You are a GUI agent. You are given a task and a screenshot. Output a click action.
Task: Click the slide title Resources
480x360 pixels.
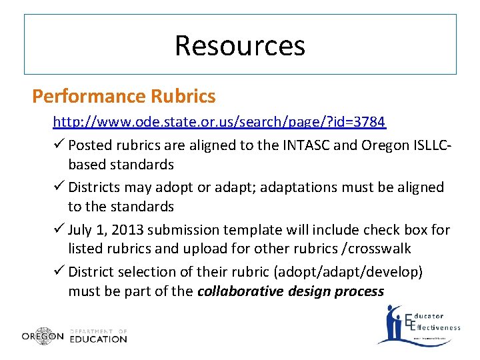(240, 45)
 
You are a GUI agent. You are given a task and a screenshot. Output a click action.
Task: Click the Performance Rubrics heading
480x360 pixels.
(124, 97)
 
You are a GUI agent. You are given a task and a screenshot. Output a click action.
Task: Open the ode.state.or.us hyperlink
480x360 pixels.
(219, 122)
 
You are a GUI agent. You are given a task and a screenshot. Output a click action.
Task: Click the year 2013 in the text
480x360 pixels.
(125, 230)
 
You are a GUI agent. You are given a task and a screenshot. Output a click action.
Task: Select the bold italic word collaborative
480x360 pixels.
(241, 291)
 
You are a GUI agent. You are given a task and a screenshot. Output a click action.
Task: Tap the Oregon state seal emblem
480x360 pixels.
(43, 336)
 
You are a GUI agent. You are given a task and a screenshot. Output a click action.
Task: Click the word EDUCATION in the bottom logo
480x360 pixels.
(98, 339)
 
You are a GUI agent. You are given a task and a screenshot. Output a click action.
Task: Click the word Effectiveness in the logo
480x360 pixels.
(437, 327)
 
